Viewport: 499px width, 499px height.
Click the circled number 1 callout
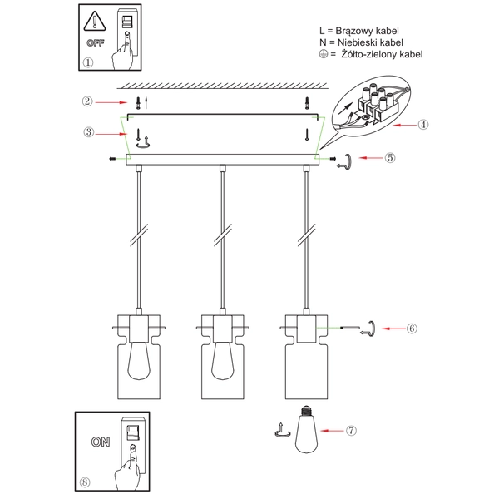(89, 62)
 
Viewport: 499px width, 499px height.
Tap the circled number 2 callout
(86, 101)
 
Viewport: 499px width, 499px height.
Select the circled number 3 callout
(86, 131)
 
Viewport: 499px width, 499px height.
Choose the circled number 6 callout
(411, 328)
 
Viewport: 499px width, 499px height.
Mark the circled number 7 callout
(352, 431)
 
